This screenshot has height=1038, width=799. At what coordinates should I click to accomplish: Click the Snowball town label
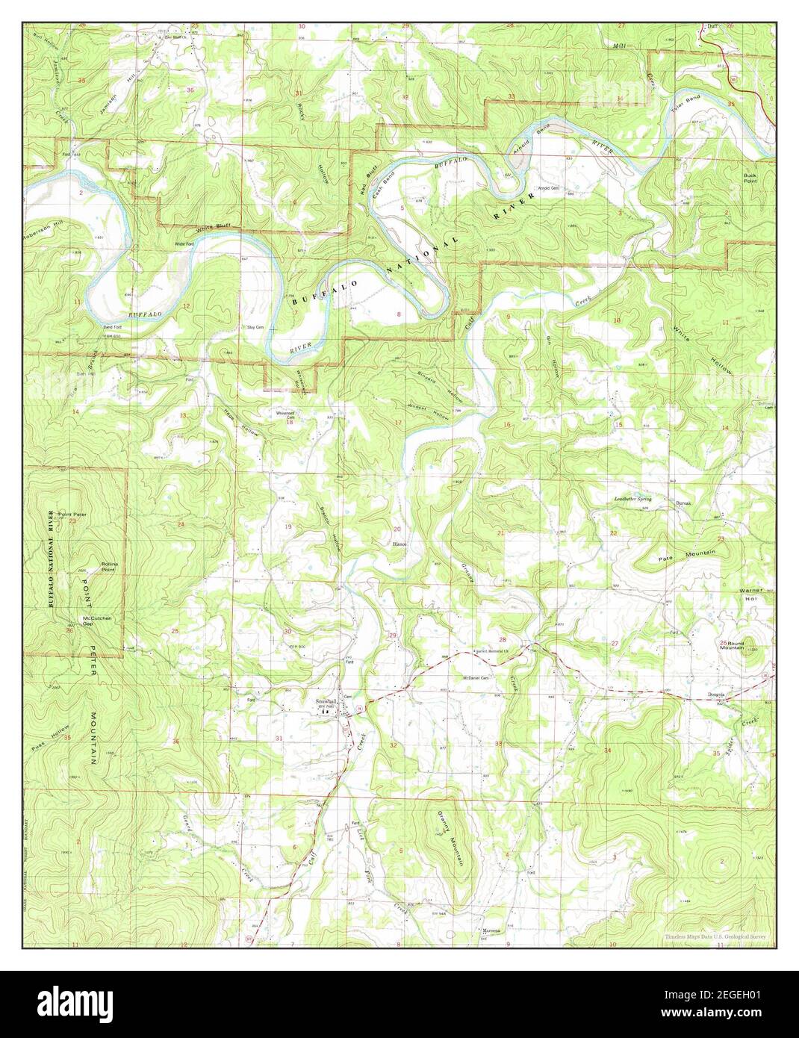click(326, 702)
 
